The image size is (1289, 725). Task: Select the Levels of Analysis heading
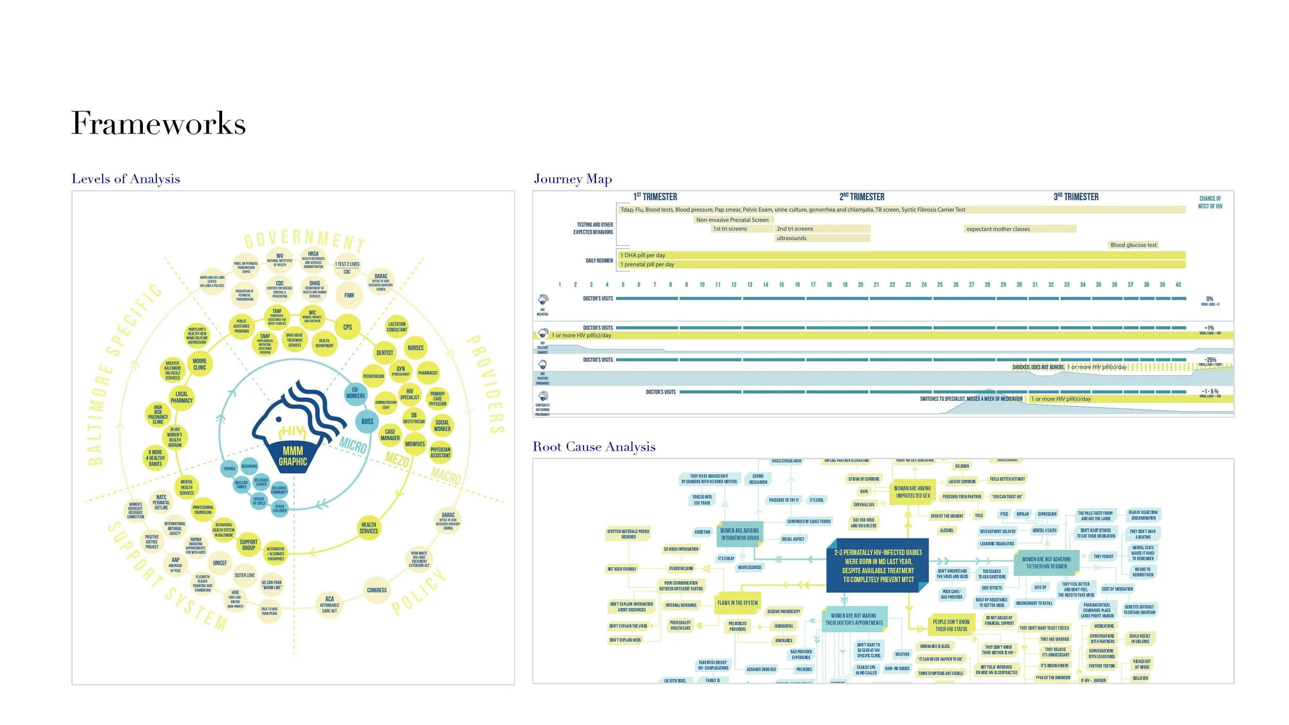click(126, 179)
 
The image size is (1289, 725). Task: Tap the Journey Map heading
click(573, 179)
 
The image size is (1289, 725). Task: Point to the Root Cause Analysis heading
click(594, 447)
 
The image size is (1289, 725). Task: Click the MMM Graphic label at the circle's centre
click(293, 457)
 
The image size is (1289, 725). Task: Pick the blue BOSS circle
click(367, 421)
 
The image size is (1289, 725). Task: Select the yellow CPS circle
click(348, 327)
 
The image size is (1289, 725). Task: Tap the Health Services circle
click(369, 528)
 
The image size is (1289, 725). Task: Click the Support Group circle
click(249, 545)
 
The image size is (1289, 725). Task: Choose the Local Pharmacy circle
click(181, 397)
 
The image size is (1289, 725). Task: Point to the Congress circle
click(377, 590)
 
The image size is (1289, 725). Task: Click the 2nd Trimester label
click(862, 197)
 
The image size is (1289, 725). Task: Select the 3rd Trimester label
click(1076, 197)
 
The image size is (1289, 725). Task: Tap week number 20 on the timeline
click(861, 284)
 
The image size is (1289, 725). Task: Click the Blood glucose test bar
click(1133, 245)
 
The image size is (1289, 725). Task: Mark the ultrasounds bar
click(822, 238)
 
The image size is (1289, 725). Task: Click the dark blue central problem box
click(878, 566)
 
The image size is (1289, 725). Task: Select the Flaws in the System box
click(737, 603)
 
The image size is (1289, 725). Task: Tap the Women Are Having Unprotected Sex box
click(913, 492)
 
